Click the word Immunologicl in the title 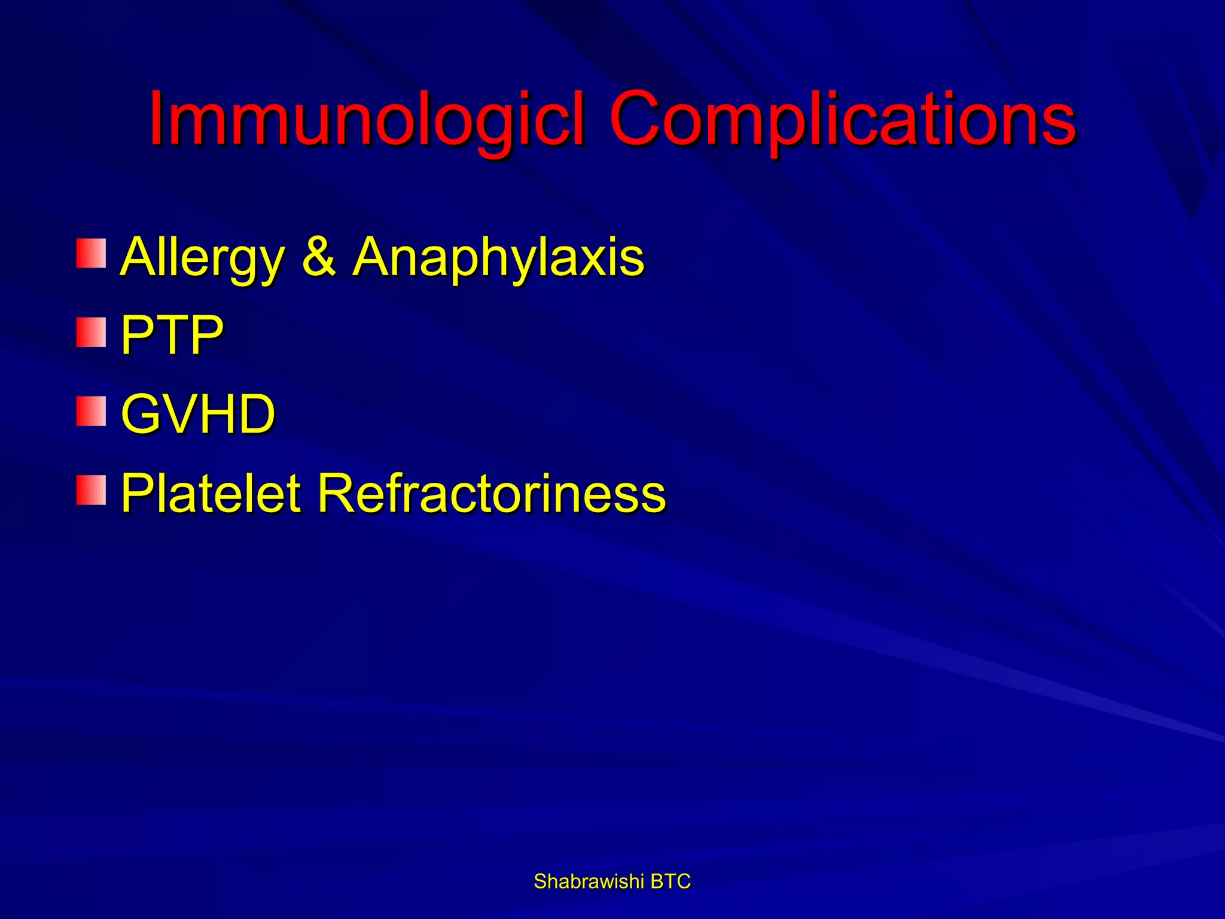click(x=365, y=120)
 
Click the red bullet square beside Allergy click(x=91, y=253)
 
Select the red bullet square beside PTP click(x=91, y=333)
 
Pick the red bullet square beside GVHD click(x=91, y=411)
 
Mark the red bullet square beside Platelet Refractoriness click(x=91, y=490)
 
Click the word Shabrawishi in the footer click(x=589, y=881)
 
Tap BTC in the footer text click(x=671, y=881)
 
